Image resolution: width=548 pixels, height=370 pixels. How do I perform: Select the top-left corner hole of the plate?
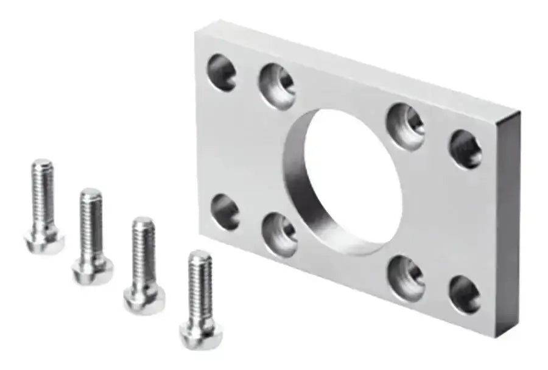pos(222,72)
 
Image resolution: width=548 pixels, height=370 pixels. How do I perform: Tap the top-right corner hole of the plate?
pos(466,149)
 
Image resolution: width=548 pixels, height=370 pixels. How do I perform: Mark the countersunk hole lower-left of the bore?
pos(279,235)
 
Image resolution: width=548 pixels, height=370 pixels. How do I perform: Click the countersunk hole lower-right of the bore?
pos(406,277)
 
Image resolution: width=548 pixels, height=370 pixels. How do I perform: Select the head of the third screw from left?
pos(144,299)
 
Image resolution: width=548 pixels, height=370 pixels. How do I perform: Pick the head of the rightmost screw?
pos(201,330)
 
